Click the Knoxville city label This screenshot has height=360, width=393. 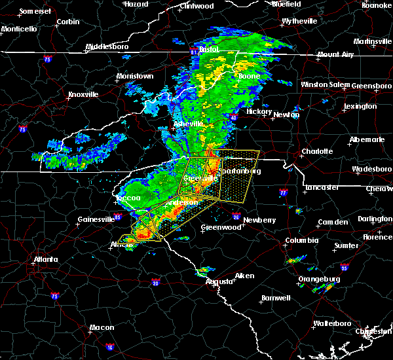pos(83,94)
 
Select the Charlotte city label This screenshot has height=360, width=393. pos(317,151)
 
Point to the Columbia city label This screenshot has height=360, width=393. pos(302,241)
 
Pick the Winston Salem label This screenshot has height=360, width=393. pos(326,84)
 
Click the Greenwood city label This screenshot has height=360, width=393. pos(219,227)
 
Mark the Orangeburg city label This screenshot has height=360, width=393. pos(318,279)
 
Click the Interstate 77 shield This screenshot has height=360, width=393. pos(283,193)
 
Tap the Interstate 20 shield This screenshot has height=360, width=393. pos(155,282)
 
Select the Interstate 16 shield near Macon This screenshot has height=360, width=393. pos(110,347)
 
